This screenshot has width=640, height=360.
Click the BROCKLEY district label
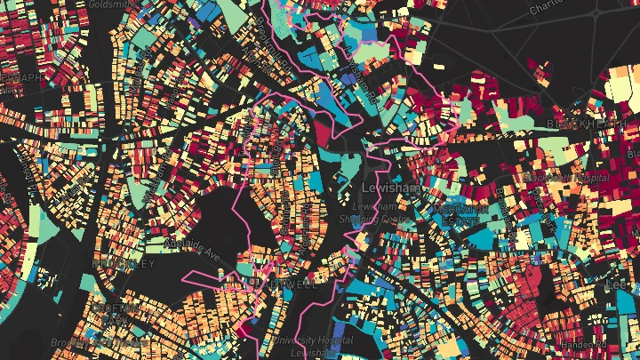[x=123, y=264]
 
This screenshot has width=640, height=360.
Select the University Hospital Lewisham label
[x=313, y=345]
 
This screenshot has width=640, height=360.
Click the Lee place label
[x=628, y=285]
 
